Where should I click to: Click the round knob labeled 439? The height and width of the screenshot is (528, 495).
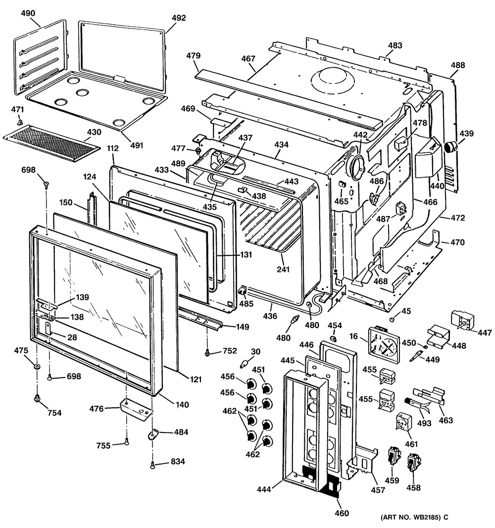click(x=451, y=146)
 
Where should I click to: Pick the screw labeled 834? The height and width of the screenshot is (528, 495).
click(x=152, y=464)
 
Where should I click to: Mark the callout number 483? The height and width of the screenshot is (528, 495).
click(x=395, y=46)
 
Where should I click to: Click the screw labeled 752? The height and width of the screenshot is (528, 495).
click(x=208, y=352)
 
